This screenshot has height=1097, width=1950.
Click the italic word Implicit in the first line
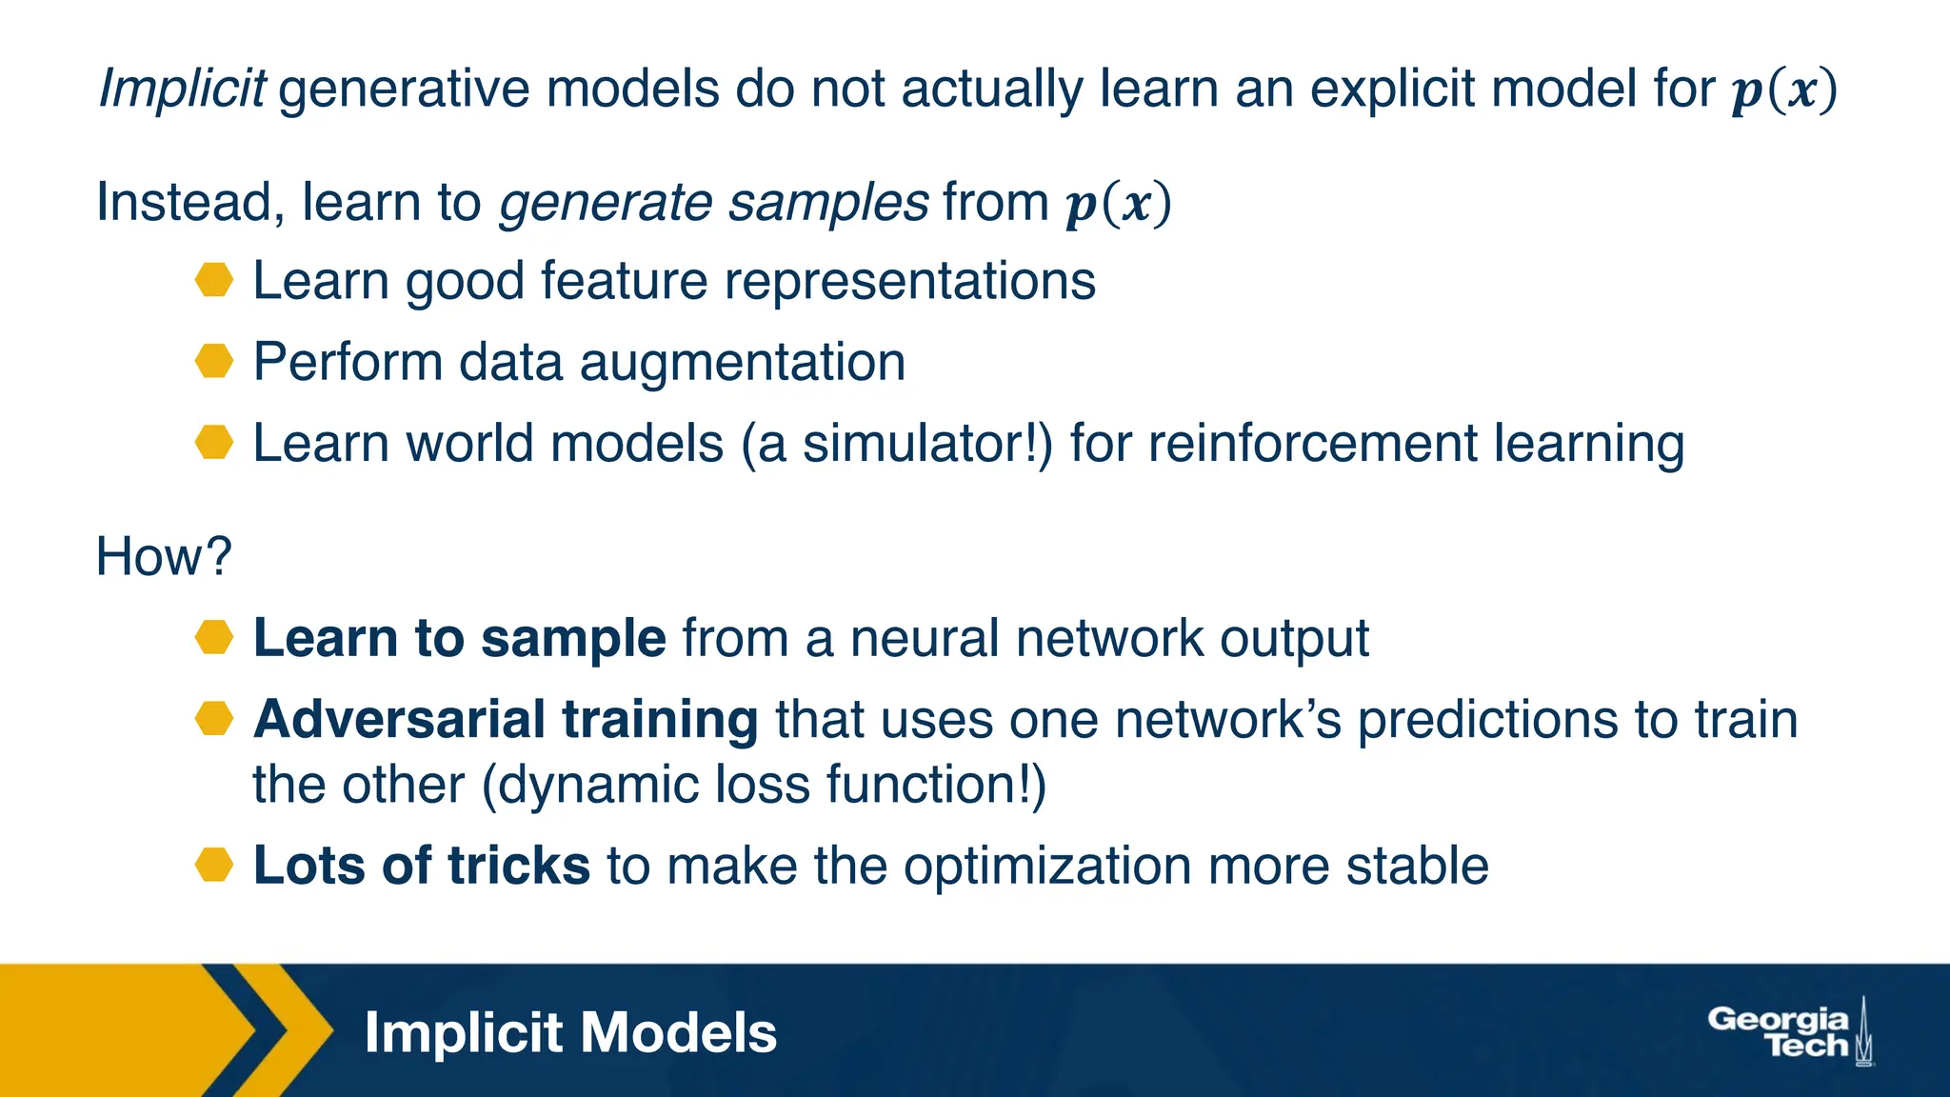pyautogui.click(x=182, y=90)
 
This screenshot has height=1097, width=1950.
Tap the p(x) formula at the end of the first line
pyautogui.click(x=1783, y=90)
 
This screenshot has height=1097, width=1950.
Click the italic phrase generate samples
pyautogui.click(x=713, y=203)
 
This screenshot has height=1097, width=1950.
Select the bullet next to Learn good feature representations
pyautogui.click(x=214, y=281)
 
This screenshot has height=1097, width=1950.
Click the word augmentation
pyautogui.click(x=742, y=363)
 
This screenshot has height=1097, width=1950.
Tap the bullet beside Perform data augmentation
pyautogui.click(x=214, y=362)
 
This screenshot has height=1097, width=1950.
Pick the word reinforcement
pyautogui.click(x=1312, y=444)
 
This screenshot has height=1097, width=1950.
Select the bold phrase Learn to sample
pyautogui.click(x=459, y=638)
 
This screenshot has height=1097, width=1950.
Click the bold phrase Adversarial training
pyautogui.click(x=506, y=720)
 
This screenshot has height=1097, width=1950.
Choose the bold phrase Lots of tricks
pyautogui.click(x=422, y=867)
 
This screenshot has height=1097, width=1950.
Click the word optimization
pyautogui.click(x=1046, y=867)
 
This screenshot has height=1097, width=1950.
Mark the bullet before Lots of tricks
pyautogui.click(x=214, y=866)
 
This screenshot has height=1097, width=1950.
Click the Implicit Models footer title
pyautogui.click(x=570, y=1033)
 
